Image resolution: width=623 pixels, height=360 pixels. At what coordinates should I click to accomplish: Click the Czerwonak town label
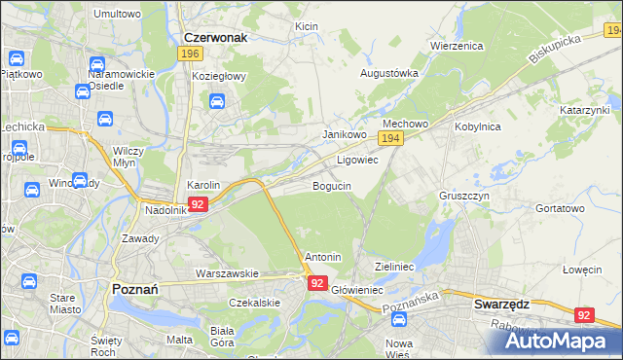click(x=215, y=37)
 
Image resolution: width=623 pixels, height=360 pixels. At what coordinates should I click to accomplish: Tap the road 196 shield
click(x=190, y=54)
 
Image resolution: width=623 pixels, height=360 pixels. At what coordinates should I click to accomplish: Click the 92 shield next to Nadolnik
click(x=198, y=204)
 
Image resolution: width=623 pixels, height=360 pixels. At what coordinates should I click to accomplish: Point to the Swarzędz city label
click(x=501, y=304)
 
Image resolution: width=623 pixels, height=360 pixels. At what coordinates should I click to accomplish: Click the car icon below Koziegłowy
click(x=217, y=100)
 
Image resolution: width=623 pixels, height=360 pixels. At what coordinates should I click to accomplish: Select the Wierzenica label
click(x=458, y=46)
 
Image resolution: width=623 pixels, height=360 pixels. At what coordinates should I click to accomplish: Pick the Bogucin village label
click(x=332, y=185)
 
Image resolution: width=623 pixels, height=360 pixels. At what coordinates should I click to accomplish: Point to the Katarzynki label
click(x=583, y=111)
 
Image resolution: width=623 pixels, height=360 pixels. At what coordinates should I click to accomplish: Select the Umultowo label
click(x=117, y=14)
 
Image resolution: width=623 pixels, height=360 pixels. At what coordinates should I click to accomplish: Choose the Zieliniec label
click(x=395, y=266)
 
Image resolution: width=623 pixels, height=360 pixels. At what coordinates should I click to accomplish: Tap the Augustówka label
click(x=389, y=73)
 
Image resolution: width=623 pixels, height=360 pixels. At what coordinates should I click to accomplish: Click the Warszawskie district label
click(x=226, y=273)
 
